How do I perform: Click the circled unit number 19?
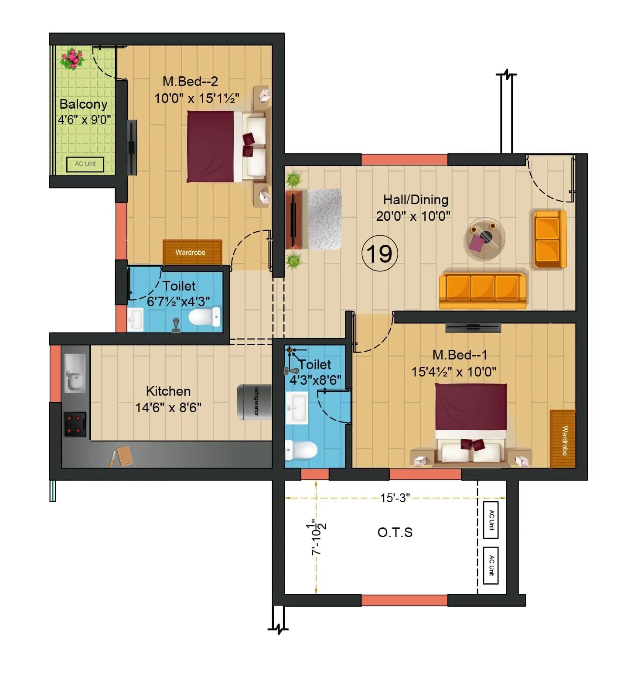(379, 253)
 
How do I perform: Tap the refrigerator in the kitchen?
(254, 402)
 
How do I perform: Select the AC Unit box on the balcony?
(85, 164)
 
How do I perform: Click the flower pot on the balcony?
(72, 58)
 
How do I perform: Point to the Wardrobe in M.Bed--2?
(192, 252)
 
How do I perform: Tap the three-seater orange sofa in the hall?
(483, 290)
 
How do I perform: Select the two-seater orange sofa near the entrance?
(549, 239)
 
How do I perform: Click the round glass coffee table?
(484, 239)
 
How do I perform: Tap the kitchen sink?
(75, 373)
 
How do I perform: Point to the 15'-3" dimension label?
(395, 498)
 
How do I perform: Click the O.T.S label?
(395, 532)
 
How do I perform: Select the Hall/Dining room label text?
(416, 200)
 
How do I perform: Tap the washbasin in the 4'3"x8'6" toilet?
(297, 407)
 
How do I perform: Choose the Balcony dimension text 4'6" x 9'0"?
(84, 120)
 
